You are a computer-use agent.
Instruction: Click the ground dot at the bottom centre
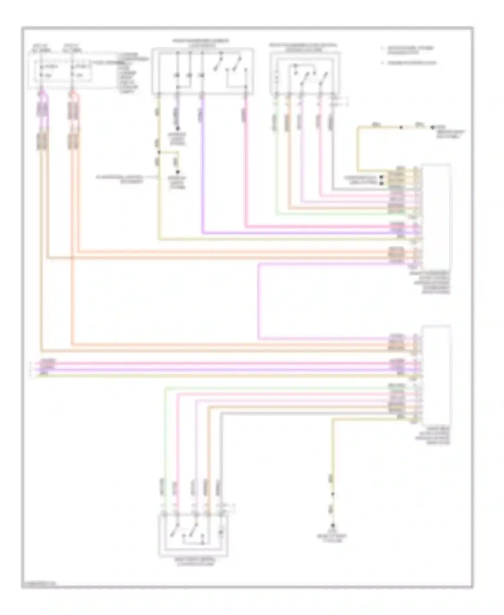(333, 525)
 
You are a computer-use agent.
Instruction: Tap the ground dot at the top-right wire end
(433, 128)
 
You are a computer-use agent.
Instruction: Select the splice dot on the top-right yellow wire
(401, 128)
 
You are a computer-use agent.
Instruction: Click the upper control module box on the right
(436, 215)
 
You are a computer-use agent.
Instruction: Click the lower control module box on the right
(436, 375)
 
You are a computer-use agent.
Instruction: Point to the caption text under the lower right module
(433, 436)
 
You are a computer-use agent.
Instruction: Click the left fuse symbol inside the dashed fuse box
(41, 71)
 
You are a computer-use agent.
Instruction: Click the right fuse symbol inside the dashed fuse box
(72, 71)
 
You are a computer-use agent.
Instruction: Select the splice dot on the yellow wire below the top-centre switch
(159, 152)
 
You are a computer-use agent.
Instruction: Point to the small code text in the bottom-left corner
(39, 584)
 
